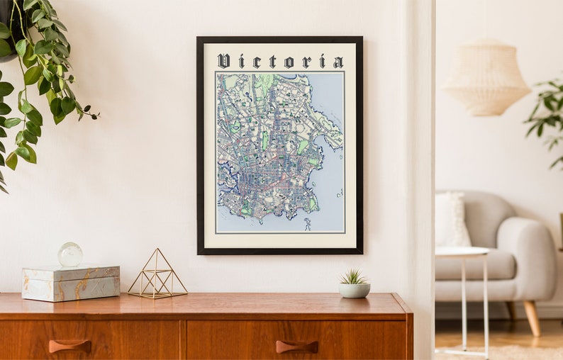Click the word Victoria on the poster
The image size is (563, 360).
coord(280,61)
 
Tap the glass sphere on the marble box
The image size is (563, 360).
coord(70,254)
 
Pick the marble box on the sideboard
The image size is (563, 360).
coord(70,283)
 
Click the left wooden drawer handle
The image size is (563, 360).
coord(69,345)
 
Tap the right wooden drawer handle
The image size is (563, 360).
coord(296,346)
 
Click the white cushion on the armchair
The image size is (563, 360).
coord(452,219)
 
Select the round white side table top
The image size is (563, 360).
coord(462,251)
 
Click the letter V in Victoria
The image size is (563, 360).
coord(223,61)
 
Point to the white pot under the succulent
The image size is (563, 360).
coord(354,290)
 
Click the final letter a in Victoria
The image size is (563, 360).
coord(338,62)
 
